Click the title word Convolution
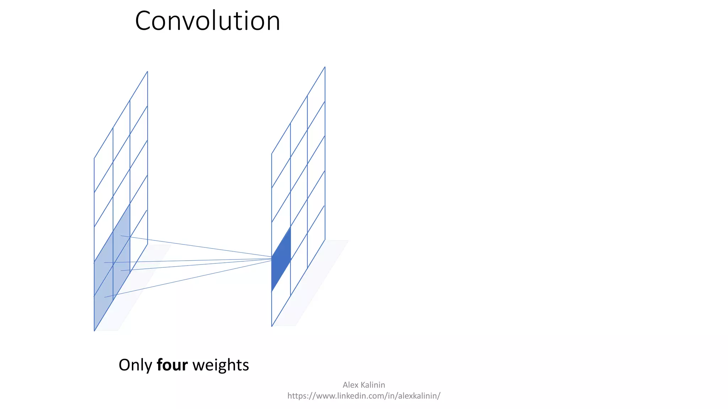tap(208, 21)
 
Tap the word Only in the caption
tap(135, 365)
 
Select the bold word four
tap(172, 365)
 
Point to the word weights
tap(220, 365)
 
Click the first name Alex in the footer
tap(350, 385)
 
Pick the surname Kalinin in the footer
tap(373, 385)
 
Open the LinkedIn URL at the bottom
tap(364, 396)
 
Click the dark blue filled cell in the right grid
tap(281, 259)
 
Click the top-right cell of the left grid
tap(139, 103)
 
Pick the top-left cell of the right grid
tap(281, 156)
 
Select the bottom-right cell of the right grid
tap(316, 236)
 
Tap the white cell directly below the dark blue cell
tap(281, 294)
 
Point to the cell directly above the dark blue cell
tap(281, 225)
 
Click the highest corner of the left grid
tap(147, 72)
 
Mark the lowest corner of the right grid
tap(272, 326)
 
